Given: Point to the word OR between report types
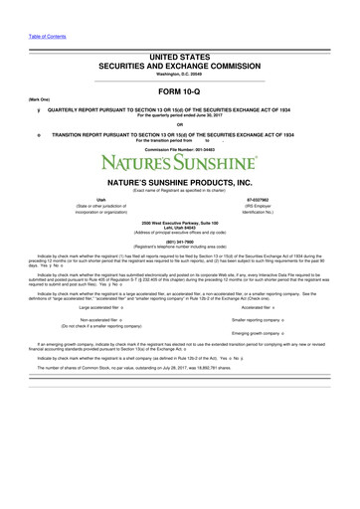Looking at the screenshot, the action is tap(180, 124).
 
